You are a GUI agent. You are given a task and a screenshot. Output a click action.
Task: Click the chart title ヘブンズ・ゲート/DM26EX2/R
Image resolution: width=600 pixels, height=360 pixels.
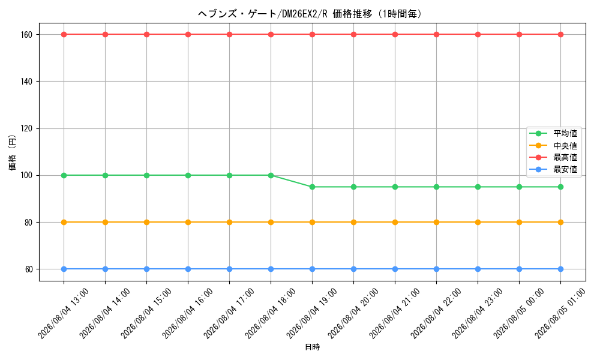tap(263, 14)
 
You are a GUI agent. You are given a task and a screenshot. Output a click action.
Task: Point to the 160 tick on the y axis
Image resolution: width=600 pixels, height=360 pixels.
tap(26, 34)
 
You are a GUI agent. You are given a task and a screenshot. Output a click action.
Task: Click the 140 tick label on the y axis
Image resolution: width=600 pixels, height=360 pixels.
tap(26, 82)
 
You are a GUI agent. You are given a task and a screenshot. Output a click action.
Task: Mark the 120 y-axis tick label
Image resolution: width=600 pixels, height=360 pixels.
tap(26, 128)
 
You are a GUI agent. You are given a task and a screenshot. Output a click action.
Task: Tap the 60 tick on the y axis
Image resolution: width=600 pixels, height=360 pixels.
tap(29, 269)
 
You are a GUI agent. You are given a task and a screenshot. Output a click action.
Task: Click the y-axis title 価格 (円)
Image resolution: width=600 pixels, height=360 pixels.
tap(12, 152)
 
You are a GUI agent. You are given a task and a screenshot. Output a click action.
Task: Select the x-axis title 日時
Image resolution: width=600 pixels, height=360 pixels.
tap(312, 347)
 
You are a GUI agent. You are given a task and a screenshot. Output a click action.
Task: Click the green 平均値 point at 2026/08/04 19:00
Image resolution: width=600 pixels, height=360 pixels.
tap(312, 187)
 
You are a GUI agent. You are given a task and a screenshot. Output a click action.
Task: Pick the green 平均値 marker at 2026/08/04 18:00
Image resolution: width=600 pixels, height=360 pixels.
tap(271, 176)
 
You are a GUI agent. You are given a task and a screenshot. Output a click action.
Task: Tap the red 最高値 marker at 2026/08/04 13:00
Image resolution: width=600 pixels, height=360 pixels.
tap(64, 34)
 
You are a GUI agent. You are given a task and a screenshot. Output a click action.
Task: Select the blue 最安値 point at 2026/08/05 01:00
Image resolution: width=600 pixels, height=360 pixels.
tap(560, 269)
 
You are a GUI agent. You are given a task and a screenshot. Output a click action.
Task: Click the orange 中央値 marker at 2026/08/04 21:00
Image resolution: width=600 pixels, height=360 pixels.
tap(395, 222)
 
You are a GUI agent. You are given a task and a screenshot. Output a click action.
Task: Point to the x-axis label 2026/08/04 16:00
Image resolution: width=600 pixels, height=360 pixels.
tap(187, 313)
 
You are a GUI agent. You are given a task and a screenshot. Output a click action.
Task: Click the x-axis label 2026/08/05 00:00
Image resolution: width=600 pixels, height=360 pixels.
tap(518, 313)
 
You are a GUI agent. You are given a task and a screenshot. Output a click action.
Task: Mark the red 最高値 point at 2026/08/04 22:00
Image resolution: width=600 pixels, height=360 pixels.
tap(436, 34)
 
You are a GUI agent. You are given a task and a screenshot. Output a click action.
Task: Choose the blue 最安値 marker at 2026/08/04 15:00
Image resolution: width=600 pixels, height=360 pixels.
tap(146, 269)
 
